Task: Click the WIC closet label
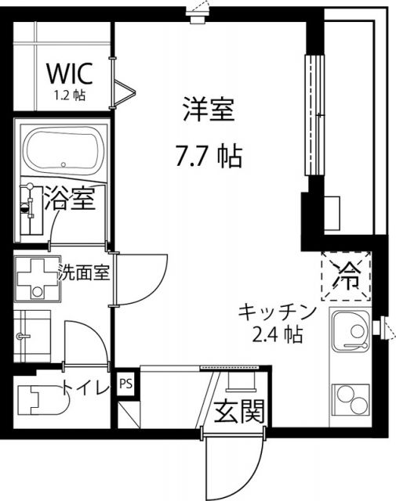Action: [70, 73]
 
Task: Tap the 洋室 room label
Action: [209, 110]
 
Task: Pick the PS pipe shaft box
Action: [125, 384]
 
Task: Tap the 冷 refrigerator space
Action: [345, 274]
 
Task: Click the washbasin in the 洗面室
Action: [32, 332]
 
